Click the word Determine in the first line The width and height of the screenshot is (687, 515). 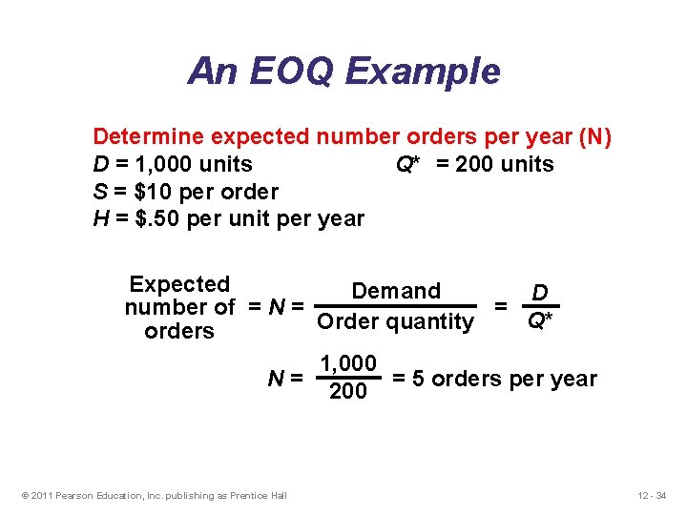point(149,136)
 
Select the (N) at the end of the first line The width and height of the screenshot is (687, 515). point(595,136)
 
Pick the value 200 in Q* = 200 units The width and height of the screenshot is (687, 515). point(473,164)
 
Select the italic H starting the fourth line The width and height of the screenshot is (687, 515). point(99,218)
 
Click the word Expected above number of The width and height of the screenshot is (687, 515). point(179,284)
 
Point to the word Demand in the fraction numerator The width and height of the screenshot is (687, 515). point(396,291)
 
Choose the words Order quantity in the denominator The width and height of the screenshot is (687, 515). point(395,322)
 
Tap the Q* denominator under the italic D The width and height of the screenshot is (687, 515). point(540,321)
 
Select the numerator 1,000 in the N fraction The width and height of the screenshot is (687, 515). point(348,364)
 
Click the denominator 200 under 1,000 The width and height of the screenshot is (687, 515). point(347,391)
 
